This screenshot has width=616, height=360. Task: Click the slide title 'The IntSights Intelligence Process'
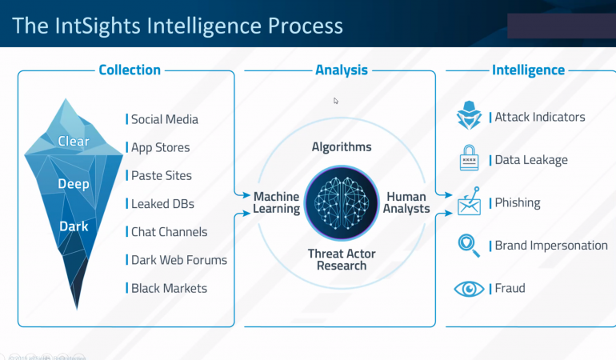(178, 26)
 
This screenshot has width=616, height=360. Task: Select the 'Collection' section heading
(130, 70)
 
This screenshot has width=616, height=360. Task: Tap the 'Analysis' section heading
(342, 70)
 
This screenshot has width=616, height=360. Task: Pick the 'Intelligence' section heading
(528, 70)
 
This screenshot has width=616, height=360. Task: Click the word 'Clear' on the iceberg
(74, 142)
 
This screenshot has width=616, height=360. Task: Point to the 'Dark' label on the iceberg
(73, 226)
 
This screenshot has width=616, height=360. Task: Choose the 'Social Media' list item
(164, 119)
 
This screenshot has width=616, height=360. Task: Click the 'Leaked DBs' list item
(162, 203)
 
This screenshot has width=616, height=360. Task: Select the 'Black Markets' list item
(169, 288)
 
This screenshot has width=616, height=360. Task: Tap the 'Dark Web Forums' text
(178, 260)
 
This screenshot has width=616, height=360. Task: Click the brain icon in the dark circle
(342, 203)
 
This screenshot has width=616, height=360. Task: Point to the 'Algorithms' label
(342, 147)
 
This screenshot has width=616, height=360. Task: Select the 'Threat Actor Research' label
(342, 259)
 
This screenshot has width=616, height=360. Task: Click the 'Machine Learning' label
(277, 203)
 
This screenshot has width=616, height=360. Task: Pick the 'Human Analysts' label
(407, 203)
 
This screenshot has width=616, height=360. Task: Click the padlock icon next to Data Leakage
(469, 158)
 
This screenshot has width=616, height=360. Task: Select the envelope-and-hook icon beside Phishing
(469, 202)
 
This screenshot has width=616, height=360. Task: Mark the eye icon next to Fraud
(469, 288)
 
